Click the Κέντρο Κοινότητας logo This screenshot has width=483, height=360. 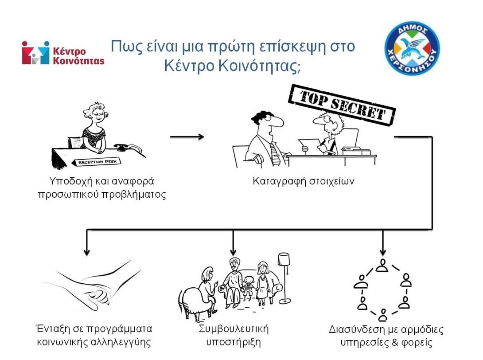[x=63, y=53]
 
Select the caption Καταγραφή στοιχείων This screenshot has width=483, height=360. [x=304, y=182]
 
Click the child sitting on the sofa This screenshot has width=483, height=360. [x=248, y=288]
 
